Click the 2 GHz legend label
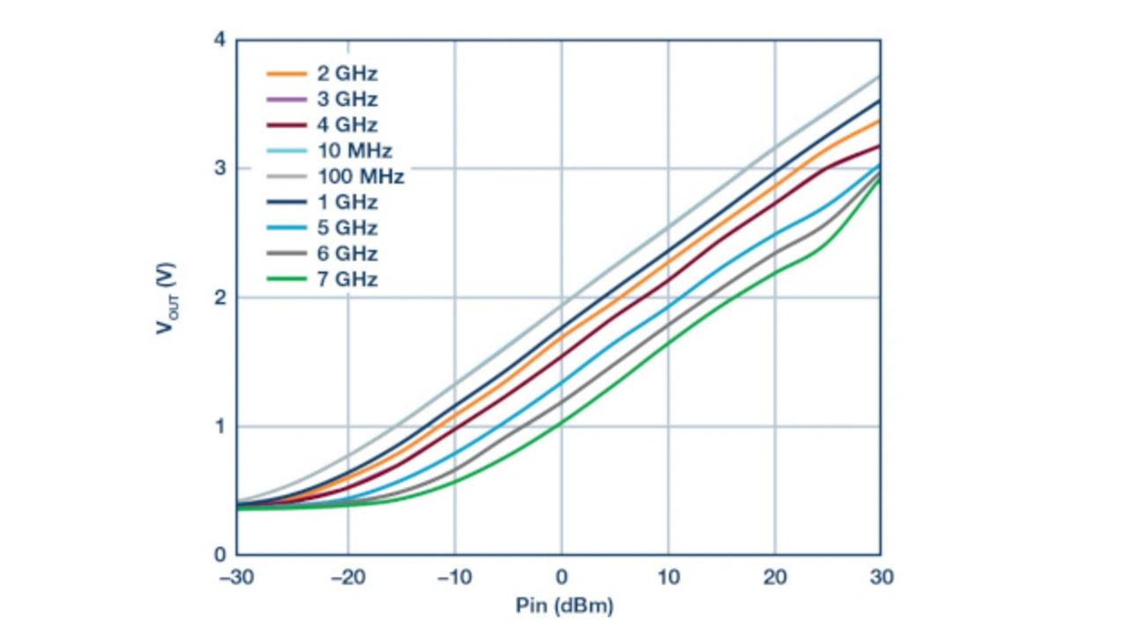tap(347, 74)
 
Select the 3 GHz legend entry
tap(347, 100)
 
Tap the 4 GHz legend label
tap(347, 125)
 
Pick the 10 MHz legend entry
tap(354, 151)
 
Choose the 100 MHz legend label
tap(360, 177)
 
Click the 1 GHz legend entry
tap(347, 203)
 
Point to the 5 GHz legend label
tap(347, 228)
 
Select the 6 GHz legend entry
tap(347, 254)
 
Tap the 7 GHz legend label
tap(347, 280)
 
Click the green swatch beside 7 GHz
tap(286, 280)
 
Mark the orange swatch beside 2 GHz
tap(286, 74)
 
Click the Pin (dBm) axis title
tap(563, 607)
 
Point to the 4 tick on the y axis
tap(220, 40)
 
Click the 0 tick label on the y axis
tap(220, 555)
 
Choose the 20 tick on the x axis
tap(775, 577)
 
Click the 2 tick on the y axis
tap(220, 298)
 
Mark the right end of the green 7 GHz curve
tap(880, 179)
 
